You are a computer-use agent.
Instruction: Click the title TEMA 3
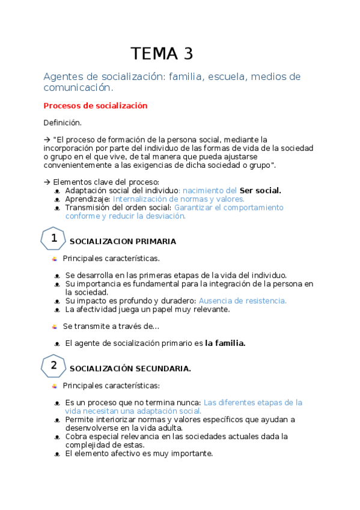click(x=162, y=54)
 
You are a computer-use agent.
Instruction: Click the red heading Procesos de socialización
click(x=96, y=106)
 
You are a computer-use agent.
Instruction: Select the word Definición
click(x=63, y=123)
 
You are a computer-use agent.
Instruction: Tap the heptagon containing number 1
click(x=53, y=239)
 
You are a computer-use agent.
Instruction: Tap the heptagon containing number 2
click(x=53, y=366)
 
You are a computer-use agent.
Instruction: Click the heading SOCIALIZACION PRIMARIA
click(x=123, y=242)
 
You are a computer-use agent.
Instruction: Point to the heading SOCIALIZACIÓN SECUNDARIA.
click(x=130, y=369)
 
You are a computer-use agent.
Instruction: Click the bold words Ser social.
click(x=260, y=190)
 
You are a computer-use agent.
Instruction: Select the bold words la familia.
click(x=225, y=343)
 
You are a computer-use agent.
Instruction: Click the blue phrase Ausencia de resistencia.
click(x=243, y=301)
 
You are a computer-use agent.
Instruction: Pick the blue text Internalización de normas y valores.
click(x=178, y=198)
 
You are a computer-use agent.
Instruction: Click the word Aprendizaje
click(x=88, y=198)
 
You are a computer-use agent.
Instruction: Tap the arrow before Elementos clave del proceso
click(x=47, y=182)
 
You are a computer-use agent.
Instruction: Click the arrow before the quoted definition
click(x=47, y=140)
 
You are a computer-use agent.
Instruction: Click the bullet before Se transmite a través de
click(x=55, y=327)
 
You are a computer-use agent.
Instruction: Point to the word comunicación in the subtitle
click(x=78, y=88)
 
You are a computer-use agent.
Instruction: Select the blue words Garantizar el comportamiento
click(x=228, y=207)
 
